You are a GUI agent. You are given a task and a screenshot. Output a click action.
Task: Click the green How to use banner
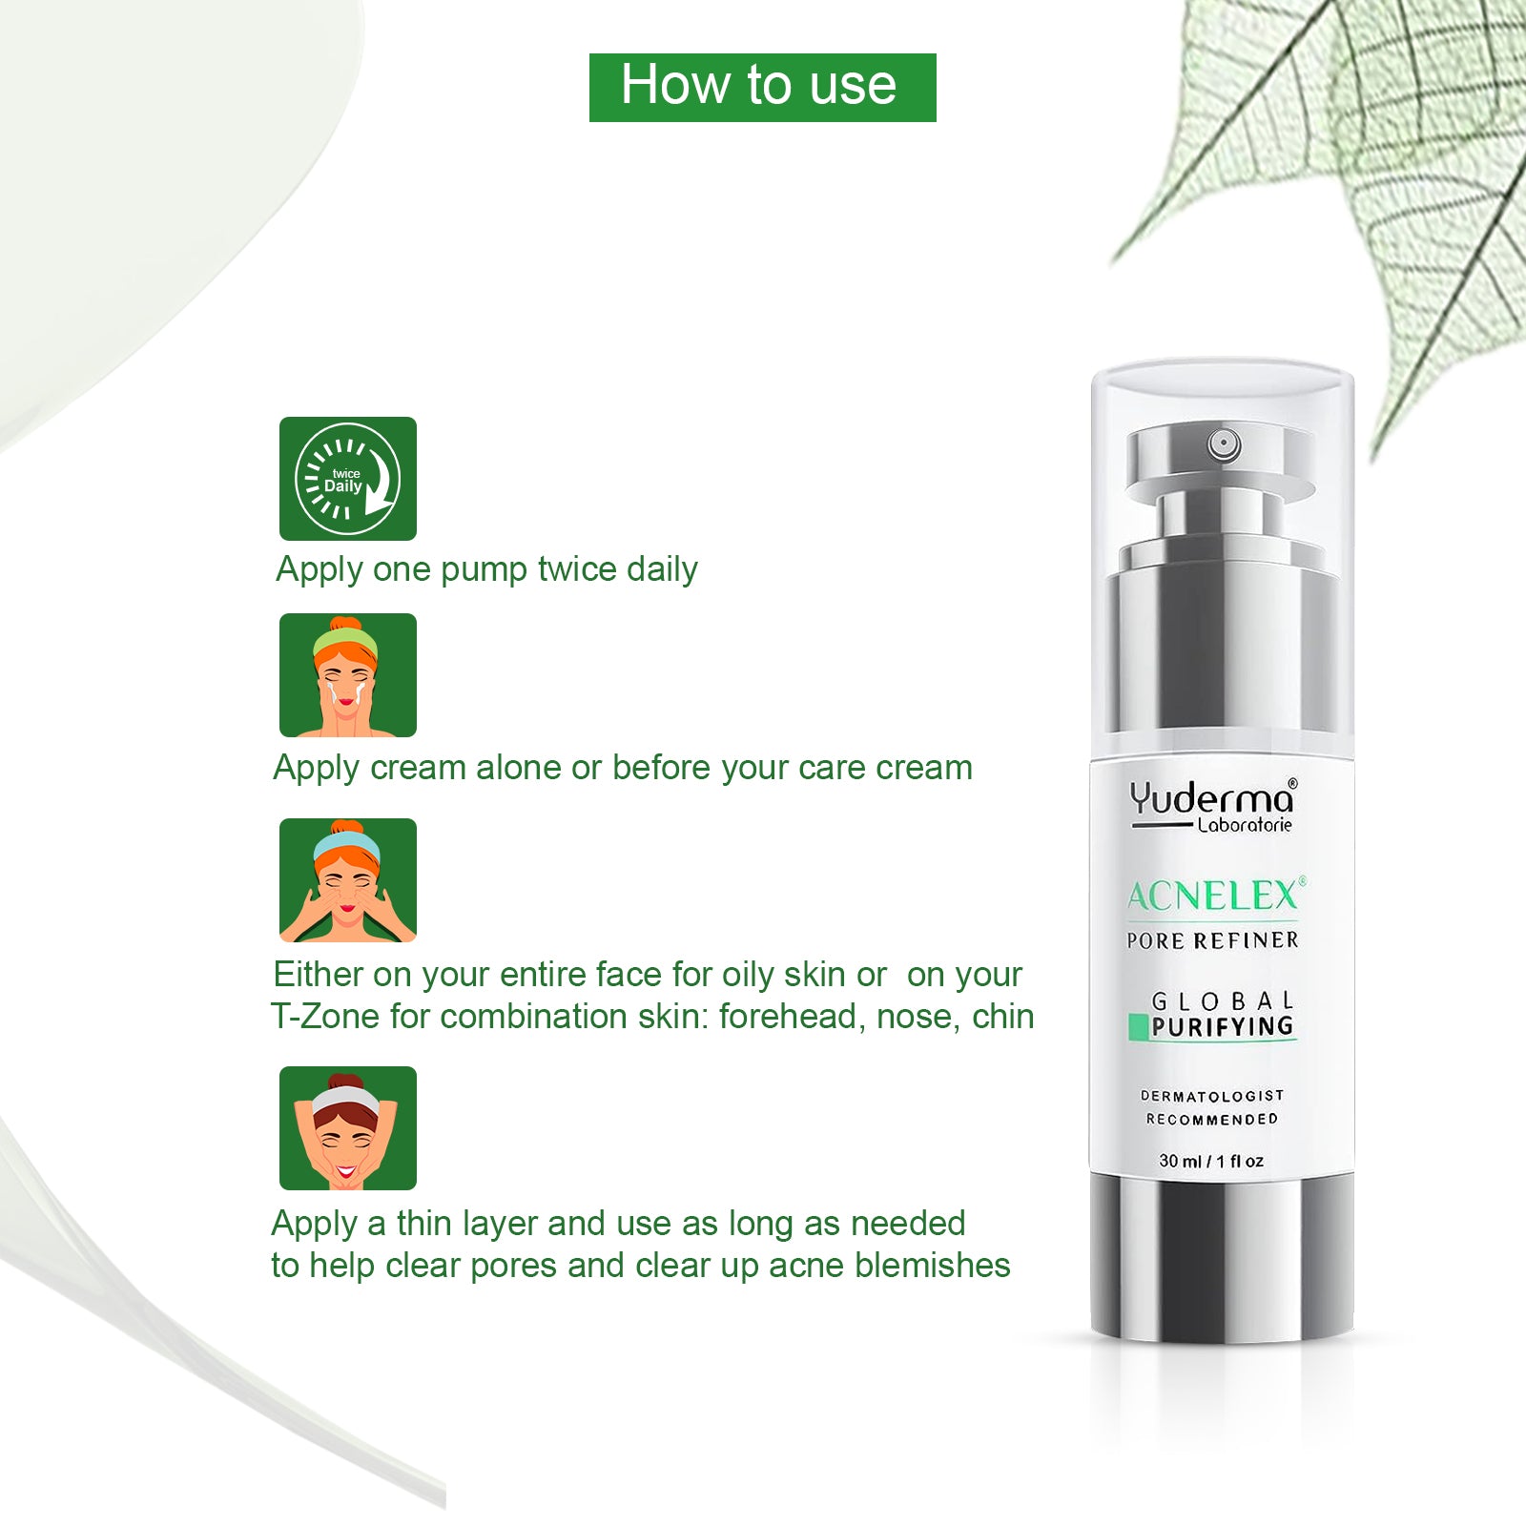[x=762, y=88]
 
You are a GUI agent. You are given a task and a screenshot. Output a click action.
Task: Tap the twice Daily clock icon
[x=348, y=479]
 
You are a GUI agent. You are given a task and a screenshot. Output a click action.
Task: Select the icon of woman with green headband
[x=348, y=675]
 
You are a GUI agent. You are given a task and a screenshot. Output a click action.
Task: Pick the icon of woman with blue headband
[x=348, y=880]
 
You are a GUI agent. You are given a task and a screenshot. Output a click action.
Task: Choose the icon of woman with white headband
[x=348, y=1128]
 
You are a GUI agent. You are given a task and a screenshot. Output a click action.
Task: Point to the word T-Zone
[x=325, y=1017]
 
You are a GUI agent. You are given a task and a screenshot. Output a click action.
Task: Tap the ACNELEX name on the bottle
[x=1213, y=896]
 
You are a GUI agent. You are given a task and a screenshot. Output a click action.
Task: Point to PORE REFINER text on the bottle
[x=1212, y=940]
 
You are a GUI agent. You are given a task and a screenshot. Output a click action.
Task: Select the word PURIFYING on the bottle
[x=1223, y=1026]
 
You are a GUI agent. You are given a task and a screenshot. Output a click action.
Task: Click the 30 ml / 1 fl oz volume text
[x=1211, y=1161]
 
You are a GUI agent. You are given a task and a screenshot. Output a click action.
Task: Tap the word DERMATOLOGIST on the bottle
[x=1212, y=1096]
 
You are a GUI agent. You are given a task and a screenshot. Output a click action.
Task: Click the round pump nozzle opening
[x=1224, y=443]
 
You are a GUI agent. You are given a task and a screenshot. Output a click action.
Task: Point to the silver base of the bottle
[x=1222, y=1254]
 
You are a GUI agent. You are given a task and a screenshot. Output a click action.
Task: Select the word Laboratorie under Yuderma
[x=1245, y=825]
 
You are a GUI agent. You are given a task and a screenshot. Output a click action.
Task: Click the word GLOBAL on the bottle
[x=1223, y=1000]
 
